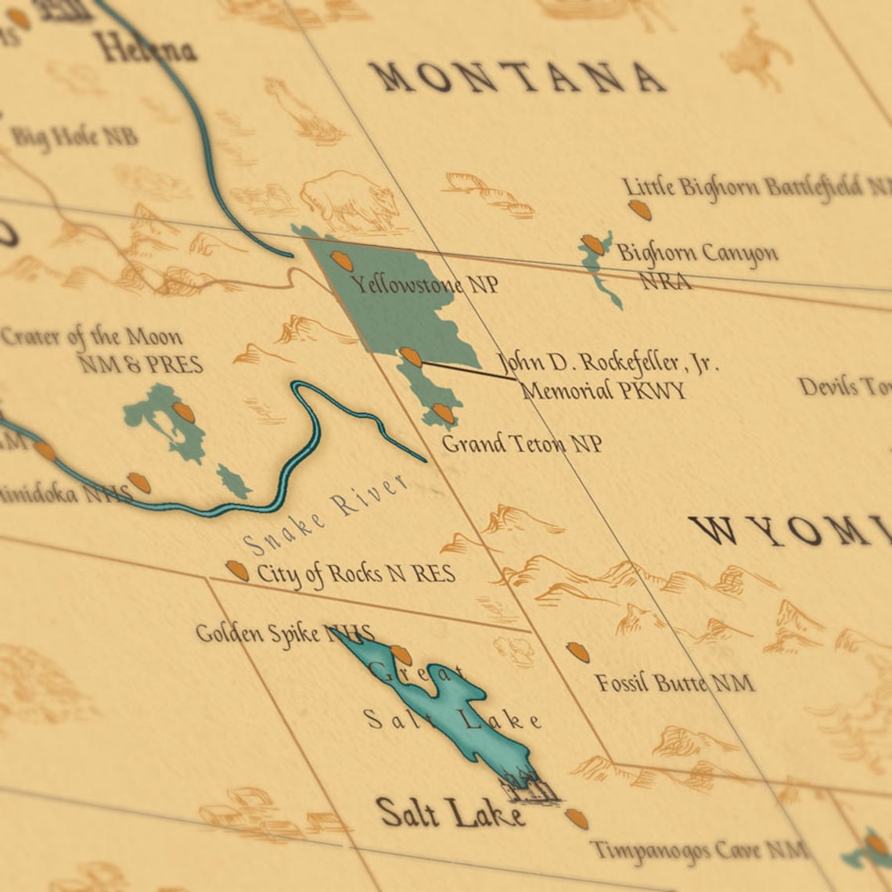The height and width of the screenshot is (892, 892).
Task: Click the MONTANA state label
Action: [x=516, y=77]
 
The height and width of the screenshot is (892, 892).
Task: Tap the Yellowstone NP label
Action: [x=424, y=283]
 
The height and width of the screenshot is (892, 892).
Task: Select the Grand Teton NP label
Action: [x=522, y=444]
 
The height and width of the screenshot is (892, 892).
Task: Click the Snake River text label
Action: [x=326, y=515]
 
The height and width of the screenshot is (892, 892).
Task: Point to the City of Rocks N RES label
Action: [x=355, y=574]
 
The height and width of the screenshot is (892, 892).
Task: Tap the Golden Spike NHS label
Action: [x=284, y=634]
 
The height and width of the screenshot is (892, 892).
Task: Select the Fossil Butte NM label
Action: [x=674, y=683]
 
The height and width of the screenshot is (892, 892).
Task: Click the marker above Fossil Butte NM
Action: [x=577, y=652]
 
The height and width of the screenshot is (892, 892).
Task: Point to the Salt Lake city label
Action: [x=450, y=813]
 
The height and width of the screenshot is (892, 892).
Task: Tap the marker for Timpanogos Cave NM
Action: [x=577, y=818]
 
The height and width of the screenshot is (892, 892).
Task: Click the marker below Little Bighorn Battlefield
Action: [x=639, y=210]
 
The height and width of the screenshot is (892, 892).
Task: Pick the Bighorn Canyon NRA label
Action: [x=696, y=265]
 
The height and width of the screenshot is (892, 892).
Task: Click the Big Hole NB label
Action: [x=74, y=137]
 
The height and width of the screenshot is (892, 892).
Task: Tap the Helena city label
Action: [x=145, y=49]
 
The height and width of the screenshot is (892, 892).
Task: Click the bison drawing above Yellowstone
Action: [x=350, y=200]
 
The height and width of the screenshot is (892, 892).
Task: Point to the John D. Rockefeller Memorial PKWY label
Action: [x=606, y=376]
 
